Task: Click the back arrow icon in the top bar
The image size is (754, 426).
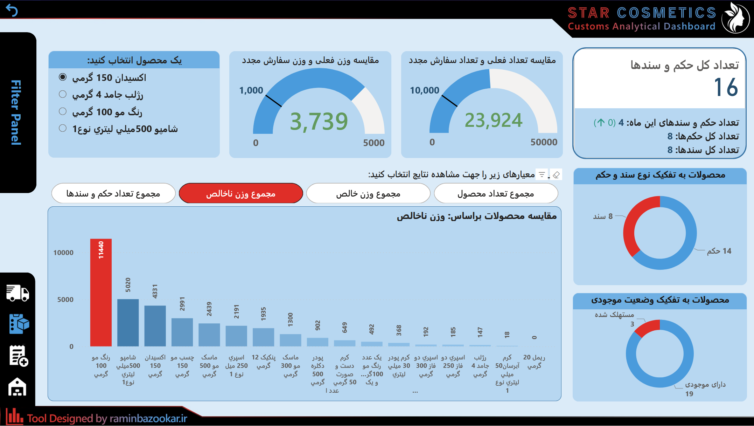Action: click(x=12, y=11)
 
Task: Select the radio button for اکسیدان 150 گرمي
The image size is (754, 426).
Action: click(x=63, y=77)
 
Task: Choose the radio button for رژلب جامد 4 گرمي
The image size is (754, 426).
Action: click(x=63, y=94)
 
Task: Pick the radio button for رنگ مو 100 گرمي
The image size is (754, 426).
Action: click(x=63, y=111)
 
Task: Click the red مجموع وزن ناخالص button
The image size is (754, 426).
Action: click(x=240, y=193)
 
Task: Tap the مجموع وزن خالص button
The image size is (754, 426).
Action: click(x=368, y=193)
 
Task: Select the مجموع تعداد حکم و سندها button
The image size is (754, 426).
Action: click(x=113, y=193)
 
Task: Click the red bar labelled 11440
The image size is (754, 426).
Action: click(x=101, y=292)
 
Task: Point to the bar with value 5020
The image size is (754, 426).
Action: click(x=128, y=322)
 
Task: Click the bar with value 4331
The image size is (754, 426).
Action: click(x=155, y=325)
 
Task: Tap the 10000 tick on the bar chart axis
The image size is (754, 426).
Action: click(x=63, y=253)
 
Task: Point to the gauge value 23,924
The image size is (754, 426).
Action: click(x=493, y=121)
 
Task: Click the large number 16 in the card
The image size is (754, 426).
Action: click(x=726, y=87)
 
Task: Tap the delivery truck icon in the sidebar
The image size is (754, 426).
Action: click(x=18, y=293)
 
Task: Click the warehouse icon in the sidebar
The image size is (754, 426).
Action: click(x=18, y=387)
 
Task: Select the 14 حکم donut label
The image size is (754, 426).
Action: click(x=719, y=251)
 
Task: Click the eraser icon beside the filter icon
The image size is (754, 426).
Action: click(x=556, y=174)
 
